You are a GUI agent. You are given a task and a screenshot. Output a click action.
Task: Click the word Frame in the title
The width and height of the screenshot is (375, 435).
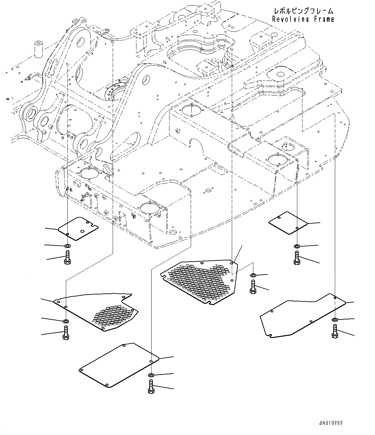tap(324, 19)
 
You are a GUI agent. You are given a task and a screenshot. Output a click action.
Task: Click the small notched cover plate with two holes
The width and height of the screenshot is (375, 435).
tap(78, 228)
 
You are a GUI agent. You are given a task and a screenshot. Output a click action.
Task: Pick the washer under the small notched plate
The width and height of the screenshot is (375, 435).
tap(67, 246)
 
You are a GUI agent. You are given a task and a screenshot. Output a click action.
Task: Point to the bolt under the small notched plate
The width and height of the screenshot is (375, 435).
tap(67, 257)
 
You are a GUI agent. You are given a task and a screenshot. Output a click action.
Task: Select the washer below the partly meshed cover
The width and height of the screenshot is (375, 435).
tap(66, 321)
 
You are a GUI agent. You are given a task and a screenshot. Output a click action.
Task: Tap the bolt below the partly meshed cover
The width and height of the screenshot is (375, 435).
tap(66, 332)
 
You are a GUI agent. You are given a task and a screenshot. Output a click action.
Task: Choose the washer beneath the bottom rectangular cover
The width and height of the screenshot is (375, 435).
tap(151, 375)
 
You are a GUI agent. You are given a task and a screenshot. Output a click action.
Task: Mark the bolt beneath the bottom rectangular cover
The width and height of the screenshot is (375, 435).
tap(151, 387)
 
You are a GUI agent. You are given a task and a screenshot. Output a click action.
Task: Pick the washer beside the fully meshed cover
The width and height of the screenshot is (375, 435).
tap(253, 275)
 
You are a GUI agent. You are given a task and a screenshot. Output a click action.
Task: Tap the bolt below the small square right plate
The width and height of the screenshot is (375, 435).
tap(297, 258)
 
